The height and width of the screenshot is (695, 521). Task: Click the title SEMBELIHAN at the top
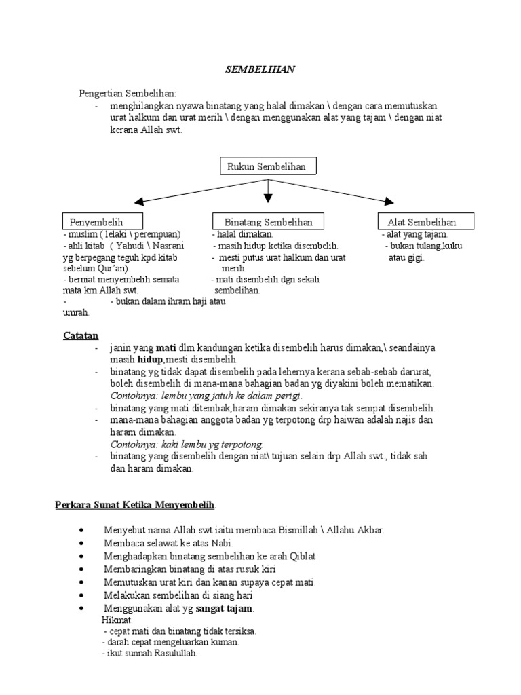[260, 69]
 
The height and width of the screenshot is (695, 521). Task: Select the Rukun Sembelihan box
[268, 167]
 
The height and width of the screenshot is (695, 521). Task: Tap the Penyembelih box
[102, 222]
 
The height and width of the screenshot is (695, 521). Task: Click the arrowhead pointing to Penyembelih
[140, 201]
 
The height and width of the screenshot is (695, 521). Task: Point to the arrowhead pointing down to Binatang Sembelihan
[268, 198]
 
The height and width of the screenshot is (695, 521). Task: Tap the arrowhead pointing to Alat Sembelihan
[389, 200]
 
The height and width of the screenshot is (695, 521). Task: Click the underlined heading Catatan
[81, 335]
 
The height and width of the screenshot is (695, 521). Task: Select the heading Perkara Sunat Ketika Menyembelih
[135, 505]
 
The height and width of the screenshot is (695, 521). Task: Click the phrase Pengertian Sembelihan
[127, 94]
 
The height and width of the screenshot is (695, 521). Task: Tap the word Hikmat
[117, 620]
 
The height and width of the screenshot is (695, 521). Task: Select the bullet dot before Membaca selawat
[81, 543]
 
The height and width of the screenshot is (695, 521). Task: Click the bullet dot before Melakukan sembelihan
[81, 595]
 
